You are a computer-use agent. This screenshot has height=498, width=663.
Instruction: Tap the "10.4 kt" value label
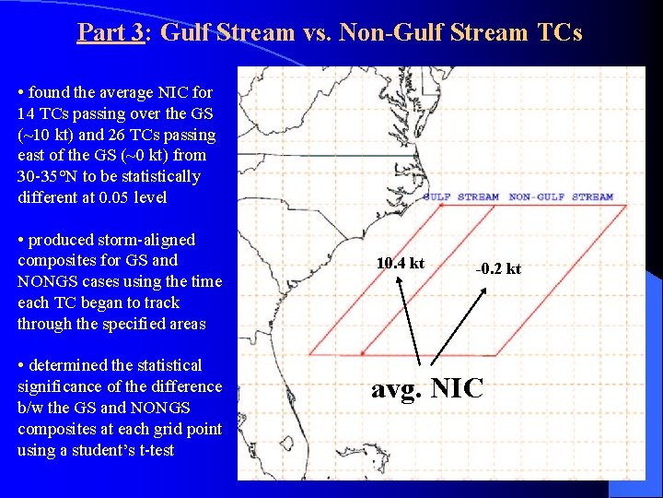[x=401, y=264]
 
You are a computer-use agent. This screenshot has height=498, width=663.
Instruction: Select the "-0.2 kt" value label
[x=498, y=268]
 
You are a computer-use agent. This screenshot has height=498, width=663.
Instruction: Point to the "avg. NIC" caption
[x=426, y=388]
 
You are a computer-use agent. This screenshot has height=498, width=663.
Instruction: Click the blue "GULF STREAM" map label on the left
[x=460, y=196]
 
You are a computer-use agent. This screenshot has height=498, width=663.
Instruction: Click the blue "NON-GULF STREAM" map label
[x=560, y=196]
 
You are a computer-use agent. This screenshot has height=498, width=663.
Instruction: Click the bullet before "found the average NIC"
[x=21, y=93]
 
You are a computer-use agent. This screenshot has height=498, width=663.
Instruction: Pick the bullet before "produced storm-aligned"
[x=21, y=241]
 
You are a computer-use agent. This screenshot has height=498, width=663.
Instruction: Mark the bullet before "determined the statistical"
[x=21, y=366]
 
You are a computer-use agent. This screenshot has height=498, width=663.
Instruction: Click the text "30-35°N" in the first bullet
[x=45, y=176]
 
